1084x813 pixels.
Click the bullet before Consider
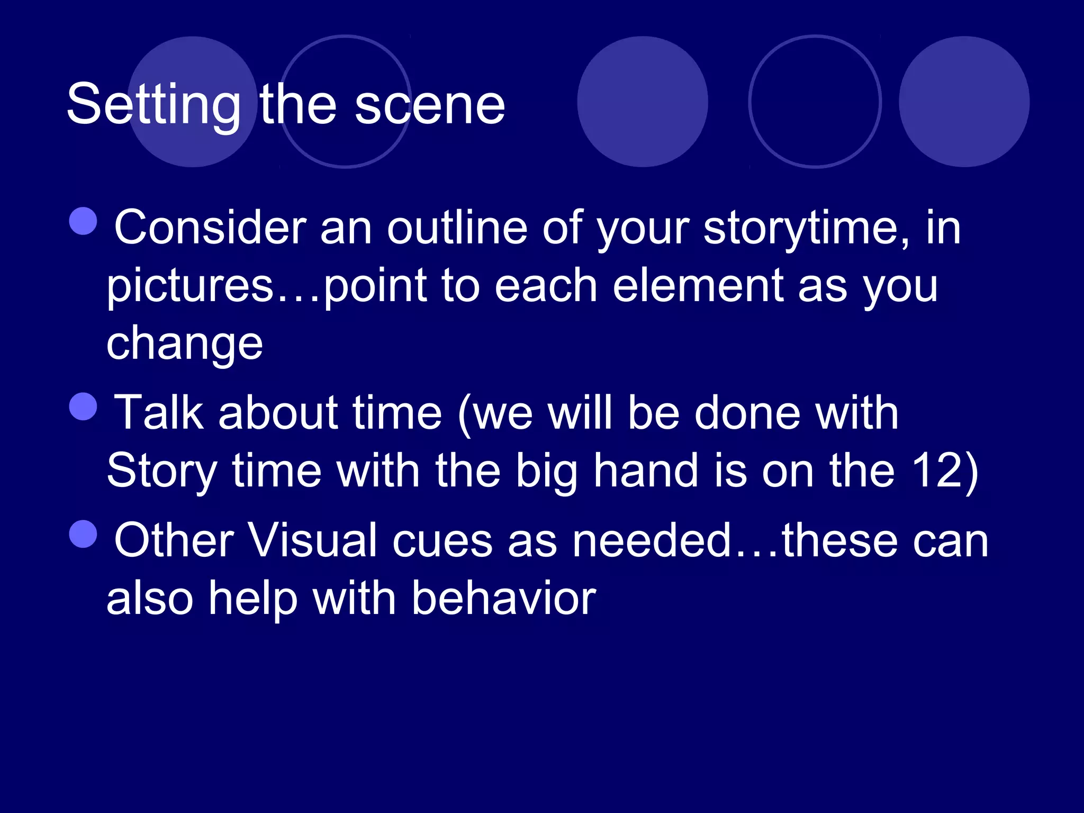pos(84,221)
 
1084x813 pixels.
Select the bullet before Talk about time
pos(84,406)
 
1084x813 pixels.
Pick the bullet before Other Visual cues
pos(84,534)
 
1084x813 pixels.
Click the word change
pos(185,344)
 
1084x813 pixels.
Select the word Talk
pos(159,413)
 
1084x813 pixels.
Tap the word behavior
pos(504,599)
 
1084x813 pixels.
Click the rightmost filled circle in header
pos(964,102)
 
